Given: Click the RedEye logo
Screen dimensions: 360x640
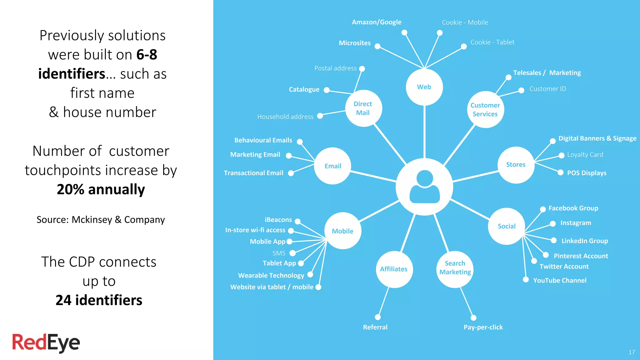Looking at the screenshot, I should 46,343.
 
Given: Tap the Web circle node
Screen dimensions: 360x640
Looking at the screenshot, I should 424,87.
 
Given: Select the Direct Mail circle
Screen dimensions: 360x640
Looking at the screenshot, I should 363,108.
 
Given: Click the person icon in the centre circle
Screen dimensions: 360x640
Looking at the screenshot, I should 424,187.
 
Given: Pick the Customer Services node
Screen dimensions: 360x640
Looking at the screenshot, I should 485,109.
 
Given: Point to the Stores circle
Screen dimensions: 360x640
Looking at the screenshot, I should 516,165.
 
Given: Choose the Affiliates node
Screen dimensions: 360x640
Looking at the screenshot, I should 394,269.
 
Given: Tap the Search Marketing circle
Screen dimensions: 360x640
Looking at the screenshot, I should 455,269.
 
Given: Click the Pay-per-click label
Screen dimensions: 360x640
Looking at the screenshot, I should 483,327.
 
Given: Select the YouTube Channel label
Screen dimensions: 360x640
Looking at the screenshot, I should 559,280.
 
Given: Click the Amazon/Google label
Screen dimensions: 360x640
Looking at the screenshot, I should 377,22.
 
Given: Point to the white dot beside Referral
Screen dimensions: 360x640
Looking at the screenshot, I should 378,317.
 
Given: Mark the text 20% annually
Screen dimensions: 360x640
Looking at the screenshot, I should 101,189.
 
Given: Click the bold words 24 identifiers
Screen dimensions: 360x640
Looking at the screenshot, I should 99,300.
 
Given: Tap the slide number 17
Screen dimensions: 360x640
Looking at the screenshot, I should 632,352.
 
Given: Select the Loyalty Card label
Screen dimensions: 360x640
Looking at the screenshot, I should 585,155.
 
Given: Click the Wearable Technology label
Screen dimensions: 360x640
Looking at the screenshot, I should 271,275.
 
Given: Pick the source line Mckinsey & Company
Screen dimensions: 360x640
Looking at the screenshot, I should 101,220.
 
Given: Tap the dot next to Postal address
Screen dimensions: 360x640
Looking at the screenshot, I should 362,69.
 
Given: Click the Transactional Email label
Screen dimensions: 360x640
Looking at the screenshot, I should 253,173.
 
